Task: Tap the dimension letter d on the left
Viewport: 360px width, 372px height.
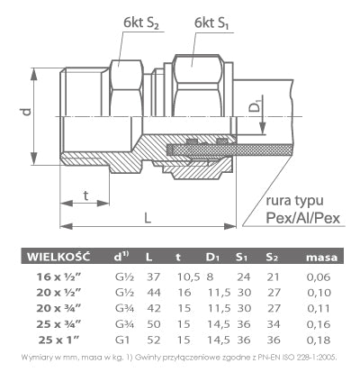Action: (x=28, y=113)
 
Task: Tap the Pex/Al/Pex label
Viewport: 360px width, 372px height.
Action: (x=300, y=219)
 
